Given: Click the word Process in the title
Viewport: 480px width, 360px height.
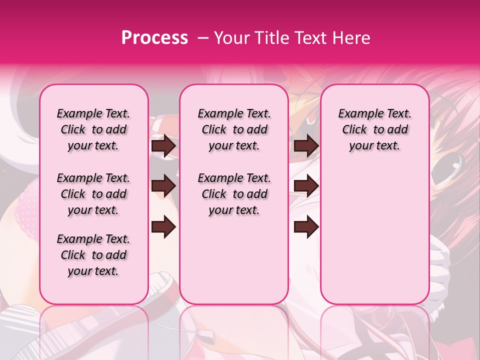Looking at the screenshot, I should (154, 38).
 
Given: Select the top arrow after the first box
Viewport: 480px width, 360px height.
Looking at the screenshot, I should (163, 146).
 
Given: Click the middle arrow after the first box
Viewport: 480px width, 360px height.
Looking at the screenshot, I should (163, 186).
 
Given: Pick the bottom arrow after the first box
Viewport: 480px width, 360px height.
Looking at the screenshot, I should (163, 227).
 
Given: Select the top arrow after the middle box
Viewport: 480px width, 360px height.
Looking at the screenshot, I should (306, 146).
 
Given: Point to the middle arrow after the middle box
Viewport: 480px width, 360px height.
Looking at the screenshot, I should (306, 186).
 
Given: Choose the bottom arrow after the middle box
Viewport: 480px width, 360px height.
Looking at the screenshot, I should (306, 227).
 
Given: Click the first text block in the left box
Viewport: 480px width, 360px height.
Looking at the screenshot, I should (93, 129).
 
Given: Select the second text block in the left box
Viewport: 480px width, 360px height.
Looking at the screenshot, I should (93, 194).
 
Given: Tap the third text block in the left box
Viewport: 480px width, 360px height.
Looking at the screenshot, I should (93, 255).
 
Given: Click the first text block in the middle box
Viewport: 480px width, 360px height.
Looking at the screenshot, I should (234, 129).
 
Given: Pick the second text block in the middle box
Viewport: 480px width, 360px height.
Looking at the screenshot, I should (234, 194).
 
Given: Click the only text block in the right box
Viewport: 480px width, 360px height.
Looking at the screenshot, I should (374, 129).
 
